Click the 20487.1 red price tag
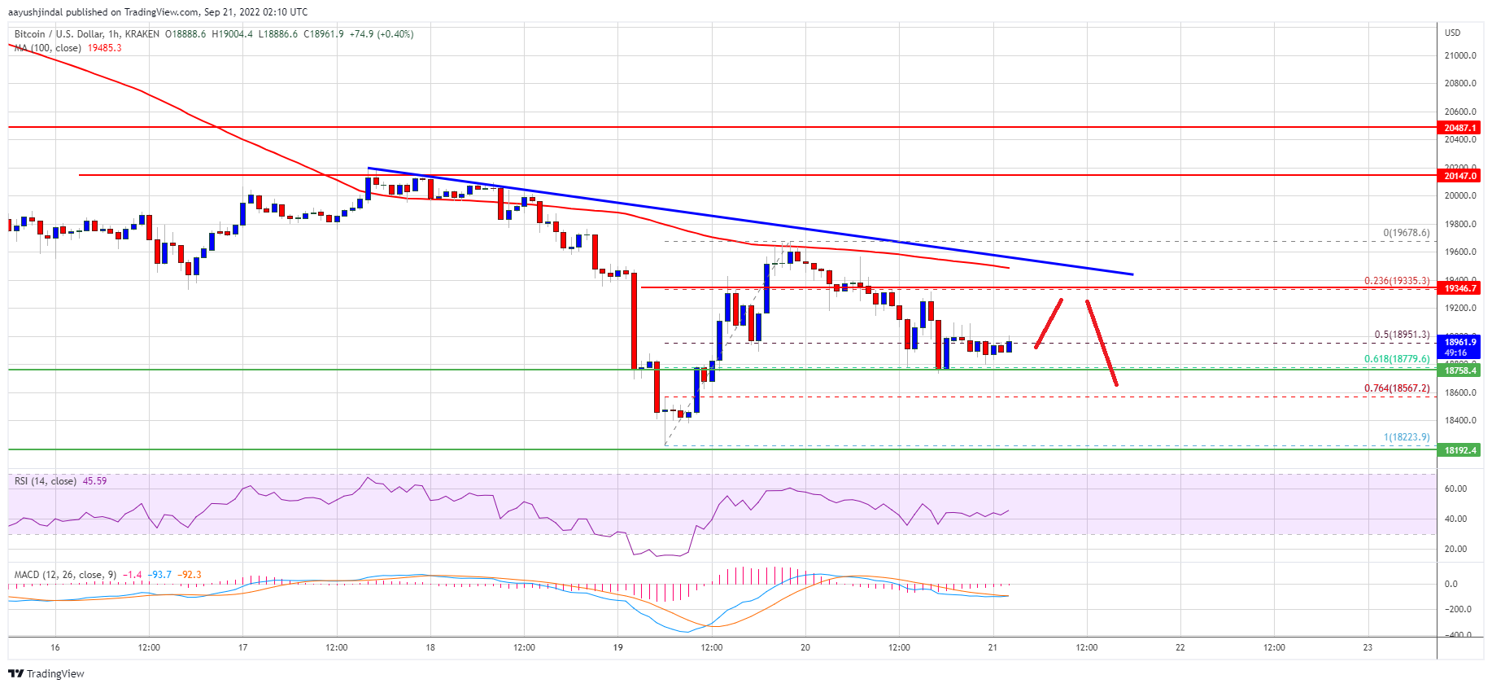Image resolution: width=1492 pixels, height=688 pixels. click(1459, 128)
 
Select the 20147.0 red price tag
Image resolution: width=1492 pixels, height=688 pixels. click(1459, 176)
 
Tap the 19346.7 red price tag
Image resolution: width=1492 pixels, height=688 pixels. click(1459, 288)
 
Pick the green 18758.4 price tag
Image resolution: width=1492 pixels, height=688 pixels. click(1459, 370)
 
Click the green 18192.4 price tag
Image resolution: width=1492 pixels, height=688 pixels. click(1459, 450)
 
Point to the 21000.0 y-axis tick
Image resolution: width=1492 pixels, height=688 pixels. click(1459, 55)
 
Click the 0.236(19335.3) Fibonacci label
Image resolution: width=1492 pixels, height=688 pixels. click(1396, 281)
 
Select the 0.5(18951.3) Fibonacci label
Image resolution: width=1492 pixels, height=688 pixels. click(1401, 335)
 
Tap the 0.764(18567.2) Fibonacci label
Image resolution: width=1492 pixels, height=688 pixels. click(1396, 388)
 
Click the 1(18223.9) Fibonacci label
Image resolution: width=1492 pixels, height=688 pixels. click(1406, 437)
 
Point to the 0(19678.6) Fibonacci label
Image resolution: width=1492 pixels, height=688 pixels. click(1406, 233)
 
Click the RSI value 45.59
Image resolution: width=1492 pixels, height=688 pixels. click(95, 481)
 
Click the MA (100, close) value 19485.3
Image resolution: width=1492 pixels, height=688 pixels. click(105, 48)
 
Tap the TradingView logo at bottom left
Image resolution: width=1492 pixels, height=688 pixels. click(46, 673)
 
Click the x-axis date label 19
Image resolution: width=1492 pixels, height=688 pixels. click(618, 648)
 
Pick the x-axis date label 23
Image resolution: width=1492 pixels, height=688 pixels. click(1368, 648)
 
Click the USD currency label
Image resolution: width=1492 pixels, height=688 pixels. click(1452, 33)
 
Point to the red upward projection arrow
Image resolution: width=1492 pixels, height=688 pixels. click(1049, 323)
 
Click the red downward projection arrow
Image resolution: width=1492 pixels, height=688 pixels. click(1102, 343)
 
